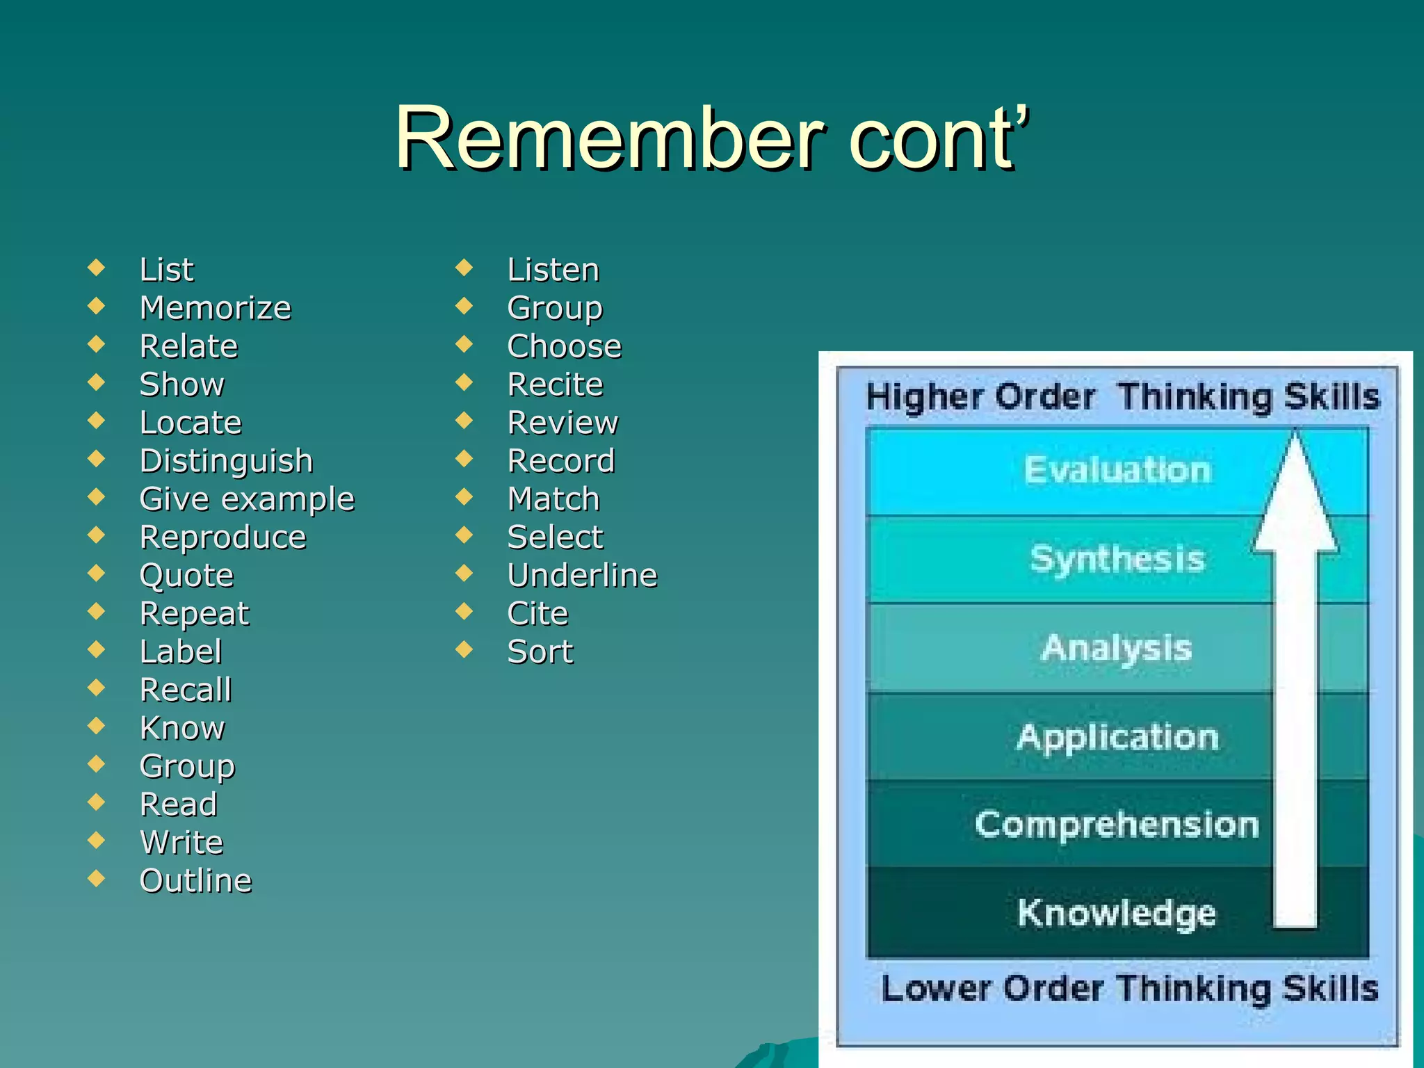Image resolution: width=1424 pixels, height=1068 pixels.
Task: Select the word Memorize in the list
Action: pos(216,308)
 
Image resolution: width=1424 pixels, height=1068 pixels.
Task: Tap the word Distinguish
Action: pos(227,461)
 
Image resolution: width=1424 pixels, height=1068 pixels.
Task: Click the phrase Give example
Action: pos(247,499)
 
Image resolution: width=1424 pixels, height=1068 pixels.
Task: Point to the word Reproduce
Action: pos(222,537)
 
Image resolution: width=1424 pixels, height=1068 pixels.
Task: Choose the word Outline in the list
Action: pos(196,881)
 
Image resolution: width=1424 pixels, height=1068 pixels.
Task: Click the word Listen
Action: pos(553,270)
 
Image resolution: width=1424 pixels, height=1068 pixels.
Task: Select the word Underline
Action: pos(583,576)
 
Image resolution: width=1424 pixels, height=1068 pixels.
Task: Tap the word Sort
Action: pos(540,652)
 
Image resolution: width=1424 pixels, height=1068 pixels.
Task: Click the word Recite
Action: pos(556,385)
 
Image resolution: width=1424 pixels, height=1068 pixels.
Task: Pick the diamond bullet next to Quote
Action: pos(97,573)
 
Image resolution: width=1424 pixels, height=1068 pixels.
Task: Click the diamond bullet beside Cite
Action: pos(464,611)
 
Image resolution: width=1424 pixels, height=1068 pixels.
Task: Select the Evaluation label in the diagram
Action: pos(1117,470)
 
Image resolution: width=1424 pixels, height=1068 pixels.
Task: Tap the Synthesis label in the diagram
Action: pos(1117,559)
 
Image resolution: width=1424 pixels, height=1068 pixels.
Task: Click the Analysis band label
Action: pos(1117,648)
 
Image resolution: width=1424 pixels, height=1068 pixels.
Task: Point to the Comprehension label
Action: pos(1117,825)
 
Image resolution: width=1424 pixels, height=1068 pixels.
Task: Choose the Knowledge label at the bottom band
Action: pos(1117,913)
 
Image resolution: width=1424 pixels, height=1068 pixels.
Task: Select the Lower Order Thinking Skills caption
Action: pos(1129,989)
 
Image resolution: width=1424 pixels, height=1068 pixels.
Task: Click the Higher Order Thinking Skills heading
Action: pos(1122,397)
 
